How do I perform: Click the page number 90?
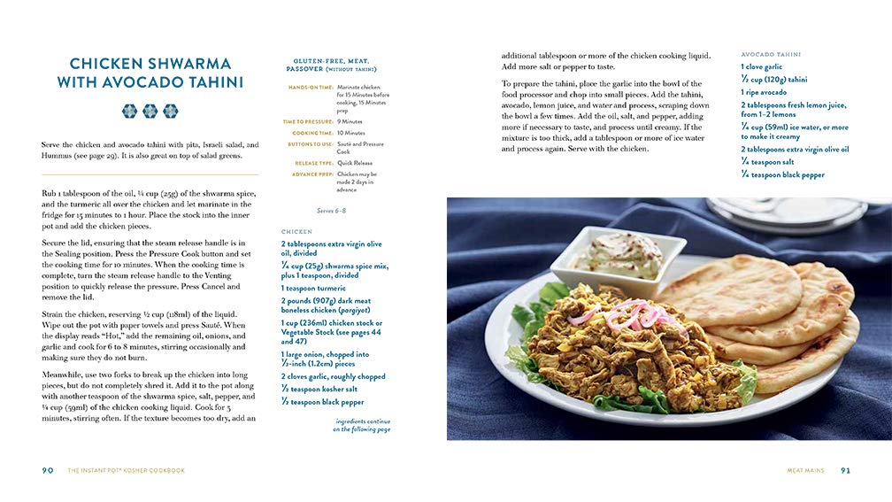point(48,470)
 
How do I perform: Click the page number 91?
point(845,470)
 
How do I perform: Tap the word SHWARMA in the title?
point(188,64)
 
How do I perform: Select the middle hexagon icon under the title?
point(150,112)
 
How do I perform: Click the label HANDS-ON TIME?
point(310,87)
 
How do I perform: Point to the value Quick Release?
point(356,163)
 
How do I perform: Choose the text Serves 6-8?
point(332,211)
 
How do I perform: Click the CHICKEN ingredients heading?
point(296,232)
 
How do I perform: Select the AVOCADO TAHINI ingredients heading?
point(770,53)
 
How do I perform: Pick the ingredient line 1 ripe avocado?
point(764,92)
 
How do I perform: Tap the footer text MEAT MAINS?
point(805,471)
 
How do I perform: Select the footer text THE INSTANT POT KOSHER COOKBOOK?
point(127,471)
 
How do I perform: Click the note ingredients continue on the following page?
point(361,426)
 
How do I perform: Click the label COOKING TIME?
point(313,133)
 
